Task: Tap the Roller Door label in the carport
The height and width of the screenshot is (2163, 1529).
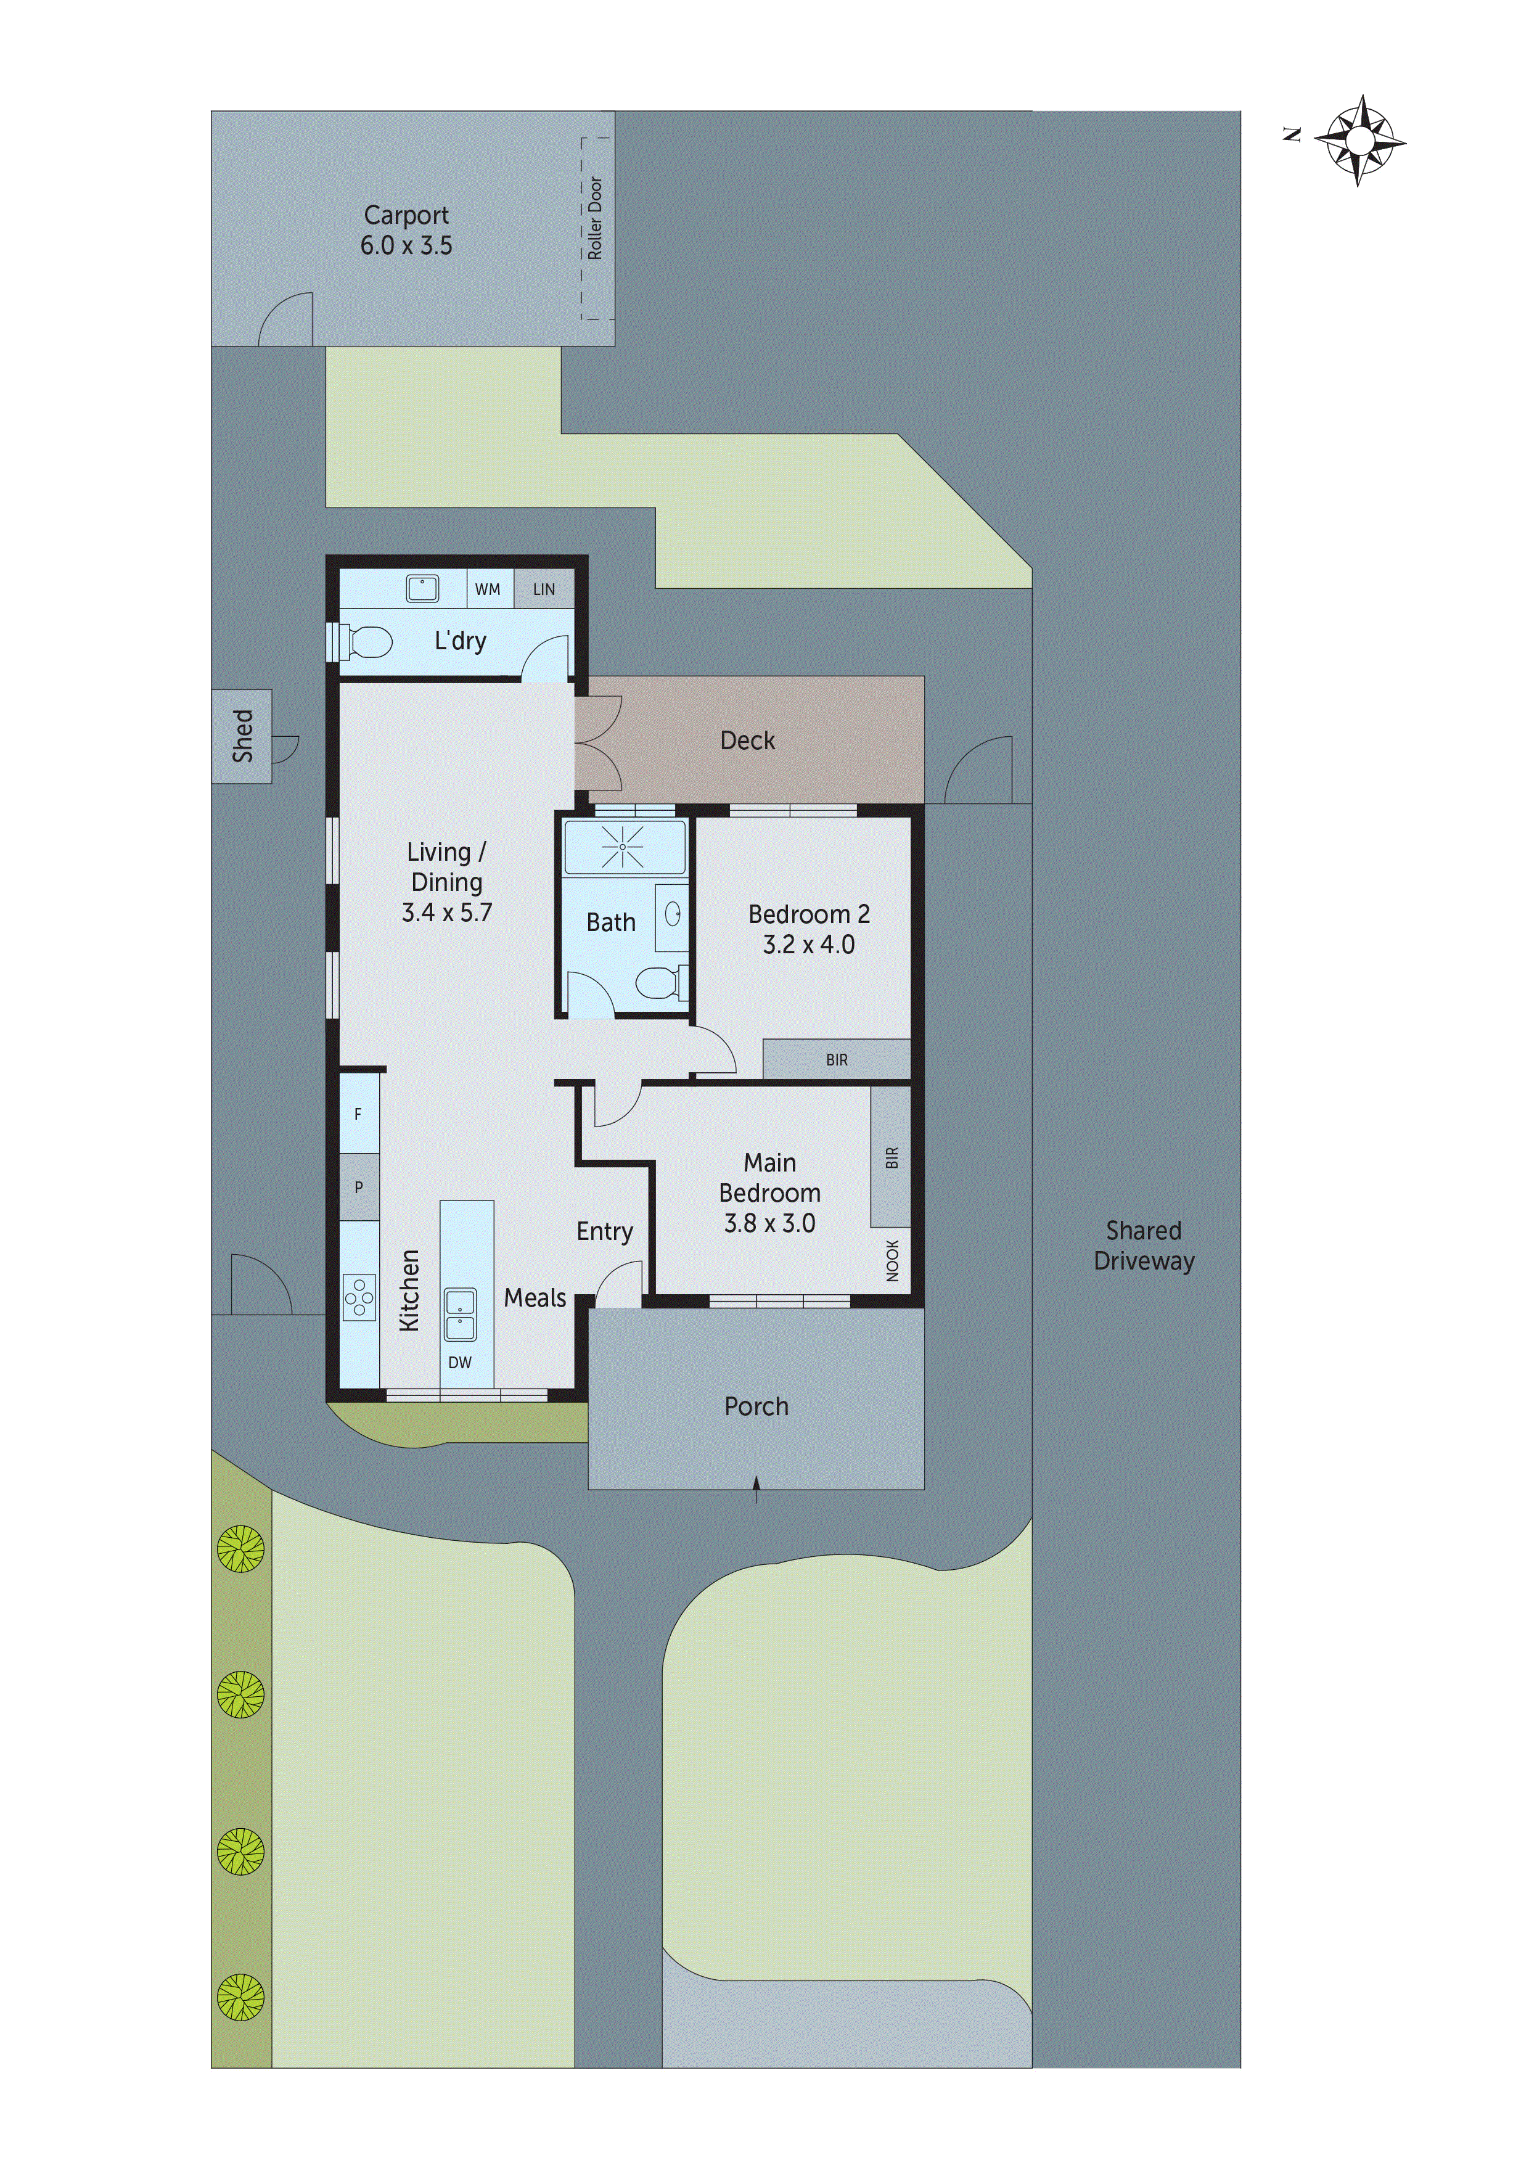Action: [594, 218]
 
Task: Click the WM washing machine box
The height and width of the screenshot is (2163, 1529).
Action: [488, 589]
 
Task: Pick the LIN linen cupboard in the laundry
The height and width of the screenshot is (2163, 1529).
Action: [544, 589]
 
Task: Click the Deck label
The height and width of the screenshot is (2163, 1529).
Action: [747, 741]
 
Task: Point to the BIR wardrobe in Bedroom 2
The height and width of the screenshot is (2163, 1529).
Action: [837, 1060]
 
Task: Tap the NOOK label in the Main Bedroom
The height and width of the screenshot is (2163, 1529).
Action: [892, 1260]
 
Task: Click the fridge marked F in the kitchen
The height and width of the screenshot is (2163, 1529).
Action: [358, 1114]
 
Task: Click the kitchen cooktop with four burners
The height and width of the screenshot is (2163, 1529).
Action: [359, 1298]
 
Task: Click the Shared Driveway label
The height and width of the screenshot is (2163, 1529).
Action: [1144, 1246]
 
